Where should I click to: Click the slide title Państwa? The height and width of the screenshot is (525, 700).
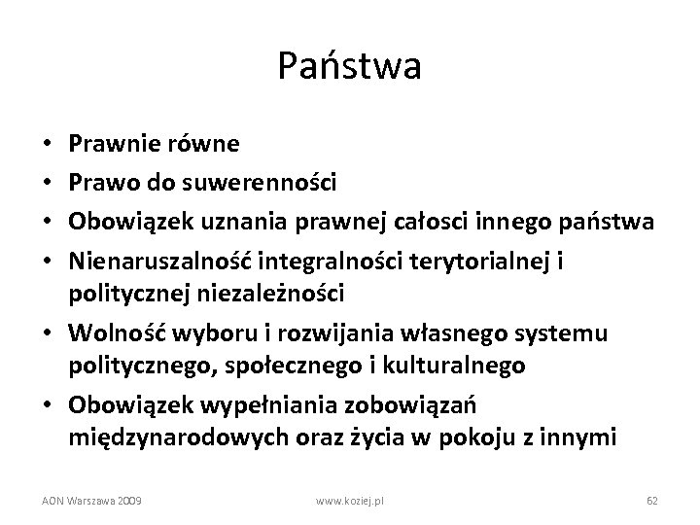pyautogui.click(x=349, y=66)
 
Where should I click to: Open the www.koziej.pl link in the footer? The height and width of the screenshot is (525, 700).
pyautogui.click(x=352, y=500)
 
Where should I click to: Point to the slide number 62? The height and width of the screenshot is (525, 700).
pyautogui.click(x=652, y=500)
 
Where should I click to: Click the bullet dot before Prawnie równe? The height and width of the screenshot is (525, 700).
pyautogui.click(x=50, y=145)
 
